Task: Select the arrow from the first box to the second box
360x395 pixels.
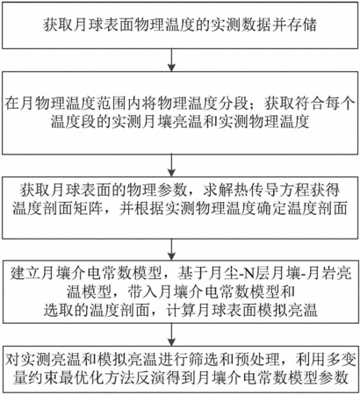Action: tap(171, 60)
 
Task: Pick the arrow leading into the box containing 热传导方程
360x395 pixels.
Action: tap(171, 165)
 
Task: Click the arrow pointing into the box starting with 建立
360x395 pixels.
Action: tap(171, 249)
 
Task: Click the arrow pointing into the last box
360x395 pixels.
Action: tap(171, 335)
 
